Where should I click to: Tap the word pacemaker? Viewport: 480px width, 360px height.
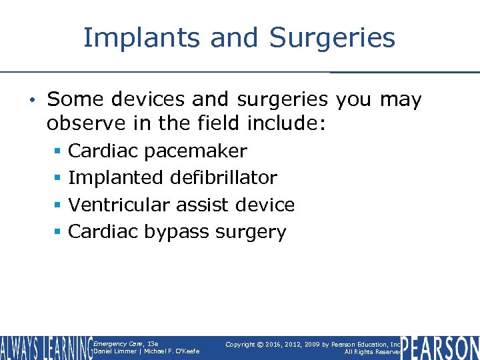tap(195, 151)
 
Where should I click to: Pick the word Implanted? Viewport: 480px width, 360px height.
tap(109, 178)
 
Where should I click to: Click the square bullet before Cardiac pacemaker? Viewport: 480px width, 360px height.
tap(59, 151)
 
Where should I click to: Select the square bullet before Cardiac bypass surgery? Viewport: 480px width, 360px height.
tap(59, 232)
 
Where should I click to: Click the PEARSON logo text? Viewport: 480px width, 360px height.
tap(441, 347)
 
